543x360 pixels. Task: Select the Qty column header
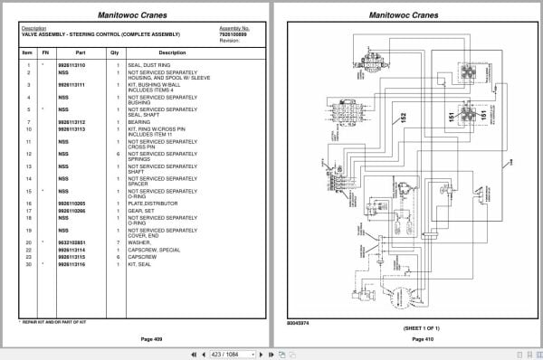click(115, 52)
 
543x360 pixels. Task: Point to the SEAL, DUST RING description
click(148, 65)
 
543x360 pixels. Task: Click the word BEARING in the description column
click(140, 121)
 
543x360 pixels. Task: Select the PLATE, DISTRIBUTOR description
click(153, 204)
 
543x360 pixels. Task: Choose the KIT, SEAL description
click(140, 263)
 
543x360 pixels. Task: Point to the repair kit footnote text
click(55, 321)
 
